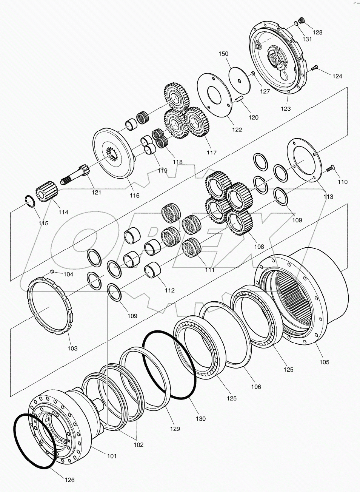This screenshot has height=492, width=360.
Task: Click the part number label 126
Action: coord(69,480)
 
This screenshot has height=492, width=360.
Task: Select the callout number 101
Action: coord(111,456)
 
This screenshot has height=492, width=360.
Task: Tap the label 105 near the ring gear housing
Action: coord(324,362)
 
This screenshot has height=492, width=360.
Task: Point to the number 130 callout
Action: coord(200,418)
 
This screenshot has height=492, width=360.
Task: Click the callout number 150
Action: coord(223,54)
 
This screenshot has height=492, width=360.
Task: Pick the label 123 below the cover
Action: coord(286,109)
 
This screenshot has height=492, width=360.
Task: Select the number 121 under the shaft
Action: coord(96,192)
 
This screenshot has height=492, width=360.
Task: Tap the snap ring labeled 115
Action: coord(30,202)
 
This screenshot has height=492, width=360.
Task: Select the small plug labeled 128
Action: coord(301,20)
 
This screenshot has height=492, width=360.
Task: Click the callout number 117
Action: coord(211,153)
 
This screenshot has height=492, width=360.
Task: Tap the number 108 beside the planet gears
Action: coord(259,247)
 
